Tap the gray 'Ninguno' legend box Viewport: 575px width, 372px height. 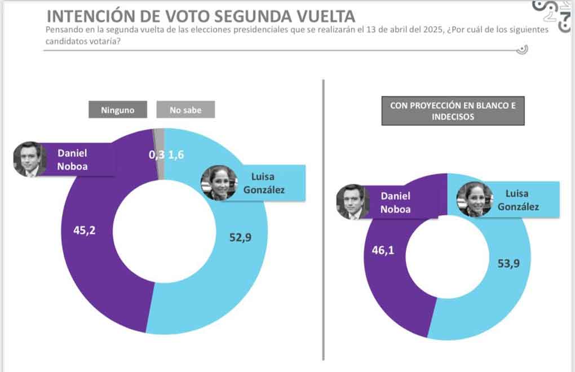pyautogui.click(x=117, y=110)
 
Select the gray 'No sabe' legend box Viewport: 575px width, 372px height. pyautogui.click(x=185, y=110)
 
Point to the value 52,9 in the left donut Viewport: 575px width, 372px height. pyautogui.click(x=240, y=237)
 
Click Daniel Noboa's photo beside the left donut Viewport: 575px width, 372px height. pyautogui.click(x=30, y=159)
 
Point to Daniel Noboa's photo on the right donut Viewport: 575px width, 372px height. pyautogui.click(x=352, y=202)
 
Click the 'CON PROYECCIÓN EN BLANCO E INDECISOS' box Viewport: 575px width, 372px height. pyautogui.click(x=453, y=111)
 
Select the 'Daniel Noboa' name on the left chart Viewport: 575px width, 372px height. pyautogui.click(x=72, y=159)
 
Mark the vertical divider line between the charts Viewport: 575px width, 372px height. pyautogui.click(x=324, y=220)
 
